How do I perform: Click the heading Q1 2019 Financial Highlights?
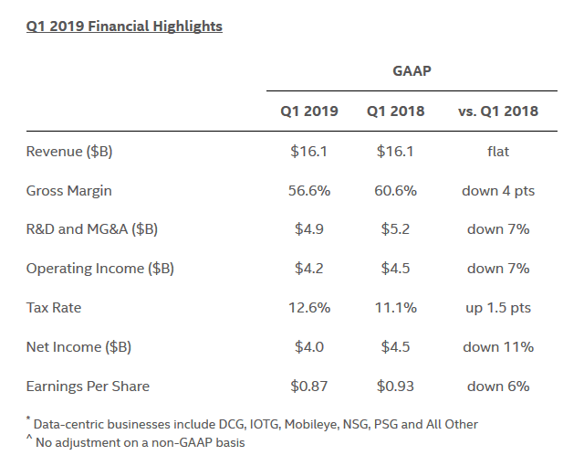point(124,26)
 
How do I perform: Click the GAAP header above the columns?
point(412,70)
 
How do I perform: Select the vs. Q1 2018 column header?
point(497,111)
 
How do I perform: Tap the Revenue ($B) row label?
point(69,152)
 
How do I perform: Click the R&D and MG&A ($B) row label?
point(91,229)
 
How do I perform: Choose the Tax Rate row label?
point(53,308)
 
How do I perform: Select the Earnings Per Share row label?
point(88,386)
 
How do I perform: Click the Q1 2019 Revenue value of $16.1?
point(308,152)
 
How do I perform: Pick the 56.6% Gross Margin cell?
point(308,191)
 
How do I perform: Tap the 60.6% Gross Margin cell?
point(396,191)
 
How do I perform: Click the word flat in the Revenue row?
point(498,152)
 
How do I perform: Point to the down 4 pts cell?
point(498,191)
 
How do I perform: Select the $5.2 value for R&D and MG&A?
point(396,229)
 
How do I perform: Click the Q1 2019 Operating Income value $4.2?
point(308,269)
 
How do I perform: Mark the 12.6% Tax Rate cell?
point(308,308)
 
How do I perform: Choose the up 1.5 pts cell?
point(498,308)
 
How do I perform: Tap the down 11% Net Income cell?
point(498,346)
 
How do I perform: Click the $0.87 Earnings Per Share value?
point(308,386)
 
